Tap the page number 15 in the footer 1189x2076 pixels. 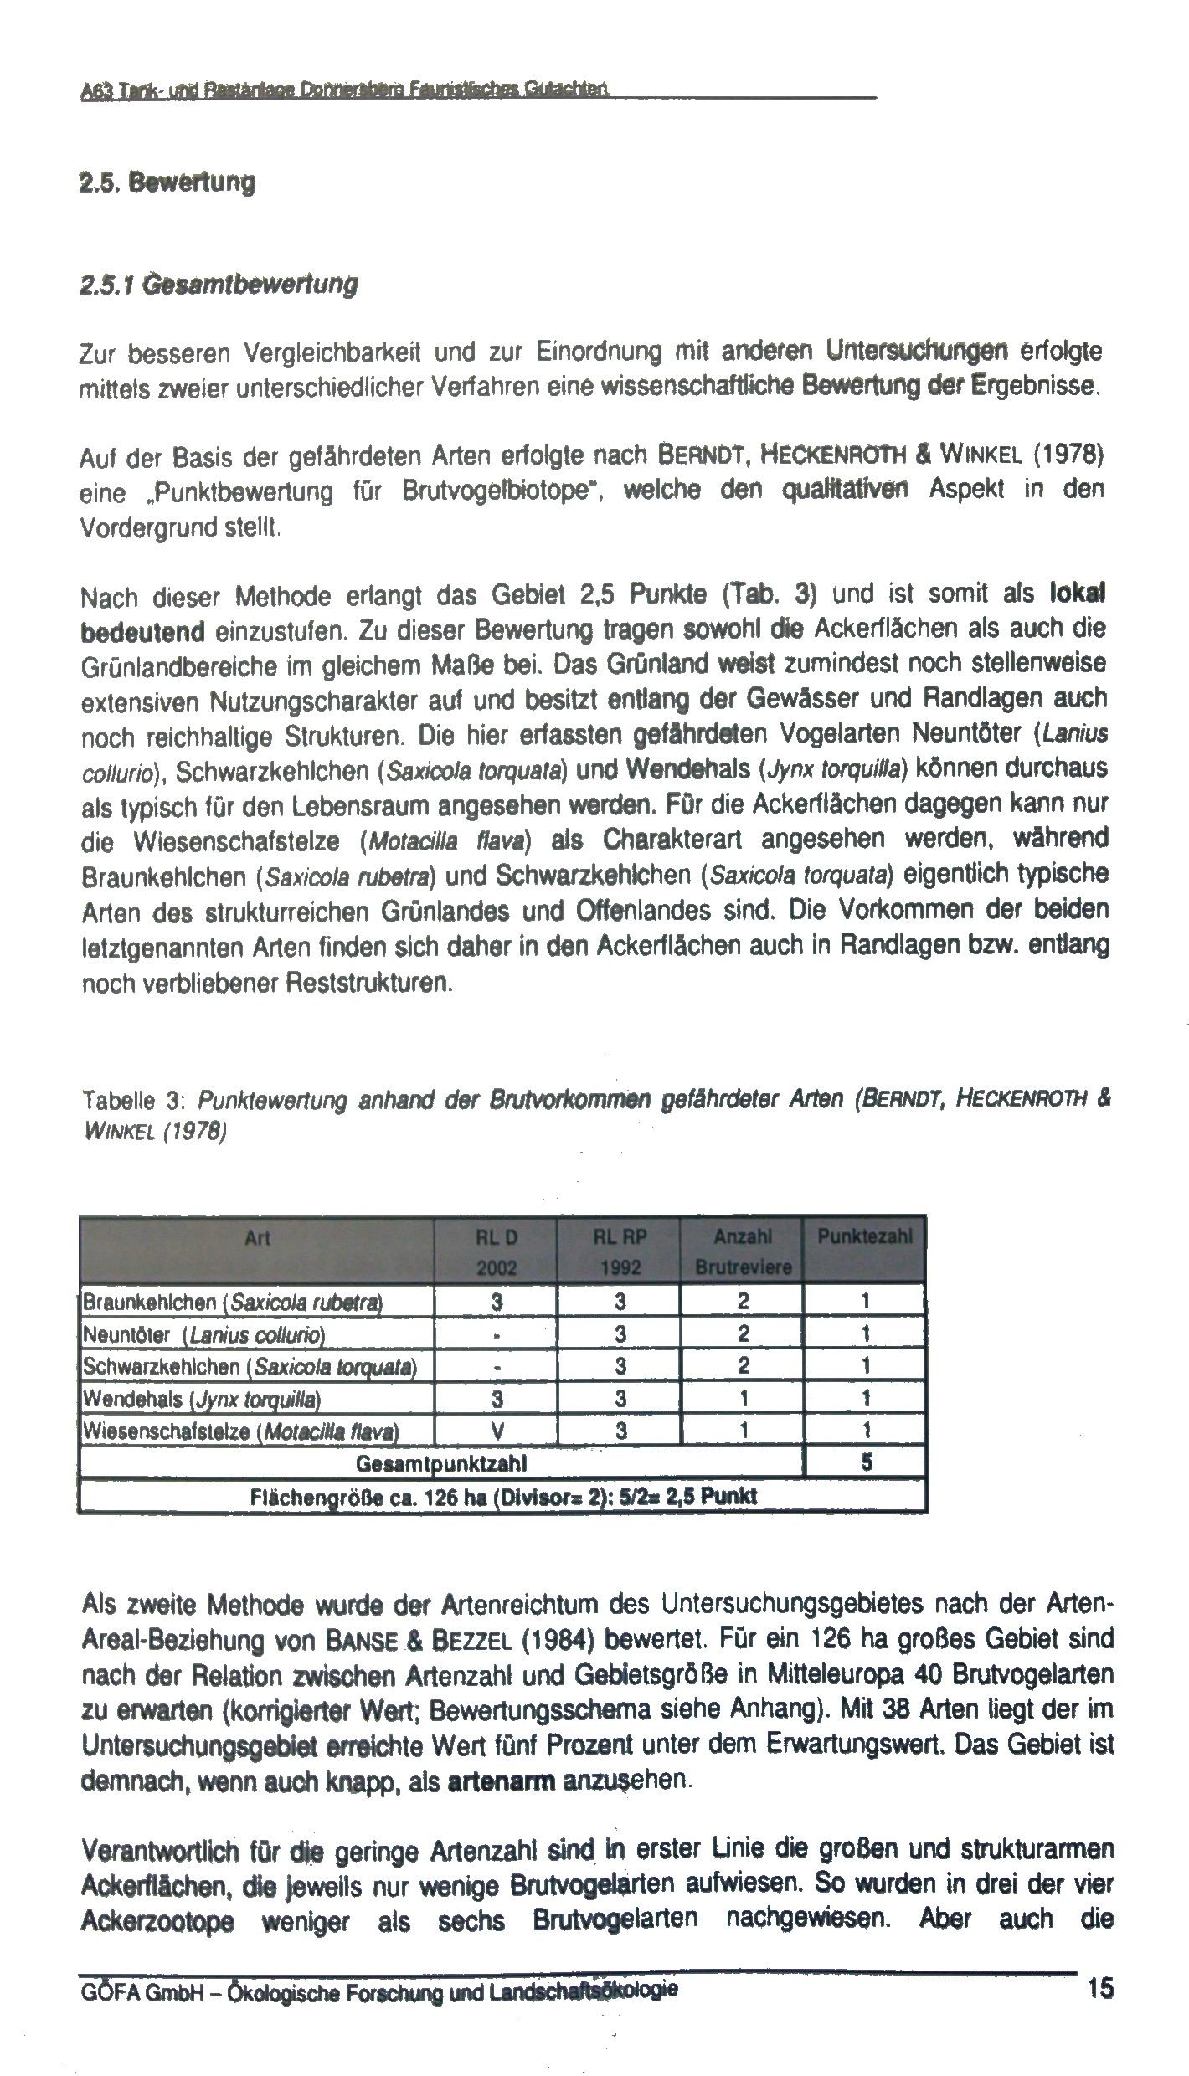click(x=1100, y=1987)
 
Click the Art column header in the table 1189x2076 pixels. click(x=257, y=1238)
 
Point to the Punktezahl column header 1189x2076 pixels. click(x=864, y=1237)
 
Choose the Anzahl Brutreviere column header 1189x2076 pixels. click(x=742, y=1251)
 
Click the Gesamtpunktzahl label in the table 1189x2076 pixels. click(x=440, y=1464)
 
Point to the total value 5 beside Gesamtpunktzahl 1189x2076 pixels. click(x=866, y=1464)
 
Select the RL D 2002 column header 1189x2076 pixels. click(x=496, y=1251)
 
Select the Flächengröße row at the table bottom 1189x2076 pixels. click(x=502, y=1497)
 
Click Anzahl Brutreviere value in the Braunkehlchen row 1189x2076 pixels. click(x=742, y=1302)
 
